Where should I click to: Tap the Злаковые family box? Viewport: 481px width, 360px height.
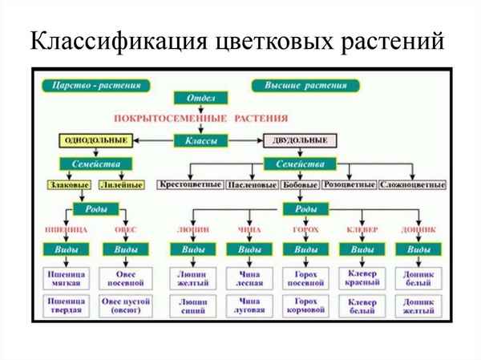pos(70,185)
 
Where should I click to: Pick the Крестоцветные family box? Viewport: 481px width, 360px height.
pos(191,185)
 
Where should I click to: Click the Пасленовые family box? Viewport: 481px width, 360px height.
pos(251,185)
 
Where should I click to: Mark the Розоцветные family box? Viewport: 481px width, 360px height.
pos(349,185)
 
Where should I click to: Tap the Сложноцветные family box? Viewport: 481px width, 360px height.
pos(411,185)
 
